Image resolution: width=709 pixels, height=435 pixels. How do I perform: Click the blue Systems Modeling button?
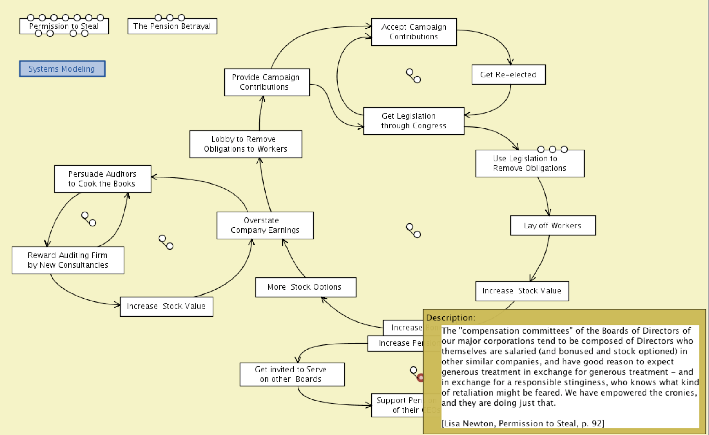tap(62, 69)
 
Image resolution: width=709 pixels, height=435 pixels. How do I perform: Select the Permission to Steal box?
tap(64, 26)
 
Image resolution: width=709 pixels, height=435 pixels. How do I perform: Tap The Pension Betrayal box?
tap(172, 26)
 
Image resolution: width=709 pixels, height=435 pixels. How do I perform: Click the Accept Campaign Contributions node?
tap(414, 32)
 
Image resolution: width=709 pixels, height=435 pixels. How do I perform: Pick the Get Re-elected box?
tap(508, 74)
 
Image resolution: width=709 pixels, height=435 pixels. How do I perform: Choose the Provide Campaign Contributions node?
tap(267, 82)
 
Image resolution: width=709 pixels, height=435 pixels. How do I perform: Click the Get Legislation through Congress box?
tap(414, 121)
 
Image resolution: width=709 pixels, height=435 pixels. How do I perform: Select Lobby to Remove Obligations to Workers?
tap(246, 144)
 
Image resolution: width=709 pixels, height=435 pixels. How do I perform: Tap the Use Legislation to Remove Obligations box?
tap(530, 163)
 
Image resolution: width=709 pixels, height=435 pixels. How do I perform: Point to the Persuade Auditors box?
tap(103, 179)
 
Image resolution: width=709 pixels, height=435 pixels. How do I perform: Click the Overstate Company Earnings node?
tap(265, 225)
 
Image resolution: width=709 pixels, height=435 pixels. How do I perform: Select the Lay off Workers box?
tap(553, 226)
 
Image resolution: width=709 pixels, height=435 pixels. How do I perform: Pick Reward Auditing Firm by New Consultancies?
tap(68, 260)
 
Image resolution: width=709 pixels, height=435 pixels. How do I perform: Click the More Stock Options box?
tap(306, 287)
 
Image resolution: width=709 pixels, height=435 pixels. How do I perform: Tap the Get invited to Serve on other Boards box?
tap(292, 374)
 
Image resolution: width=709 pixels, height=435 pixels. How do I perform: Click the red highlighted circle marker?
tap(420, 377)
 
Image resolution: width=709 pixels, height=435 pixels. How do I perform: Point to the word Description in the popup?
tap(450, 318)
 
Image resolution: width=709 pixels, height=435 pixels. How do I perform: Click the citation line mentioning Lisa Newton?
tap(523, 423)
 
